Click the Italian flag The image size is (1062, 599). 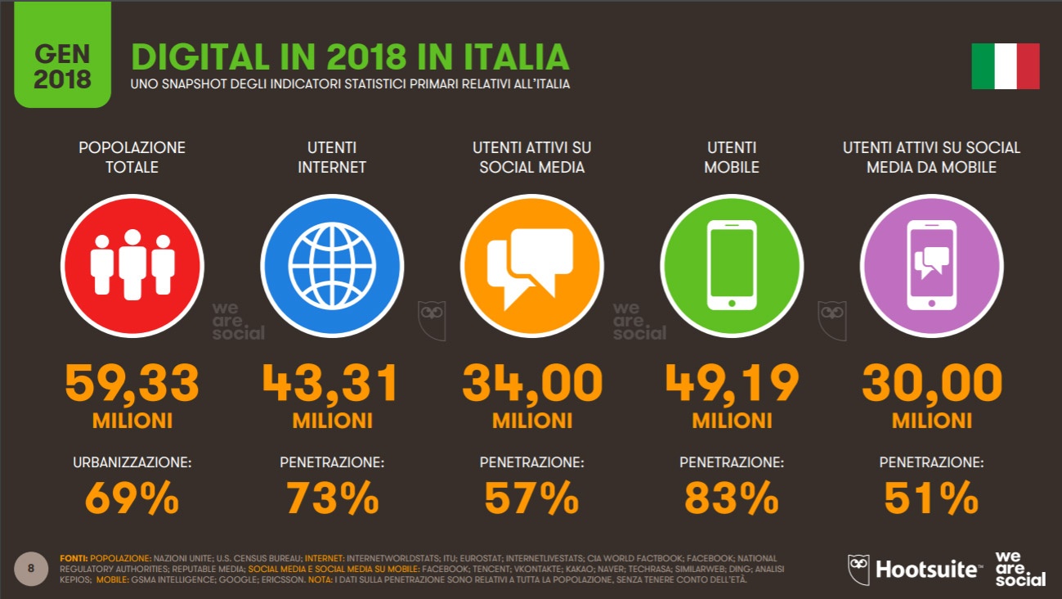point(1005,66)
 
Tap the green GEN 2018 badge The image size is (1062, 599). point(63,55)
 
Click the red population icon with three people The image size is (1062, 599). point(132,266)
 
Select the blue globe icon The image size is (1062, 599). point(332,266)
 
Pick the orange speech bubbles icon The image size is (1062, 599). point(531,266)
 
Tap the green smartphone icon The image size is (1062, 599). point(732,266)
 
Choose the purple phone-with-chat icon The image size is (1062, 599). point(931,266)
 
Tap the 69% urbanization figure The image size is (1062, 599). point(132,498)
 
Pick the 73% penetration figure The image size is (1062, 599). point(332,498)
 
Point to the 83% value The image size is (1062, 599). point(732,498)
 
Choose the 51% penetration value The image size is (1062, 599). point(931,498)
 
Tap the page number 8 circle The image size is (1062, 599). point(31,568)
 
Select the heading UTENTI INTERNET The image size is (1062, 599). point(332,157)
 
